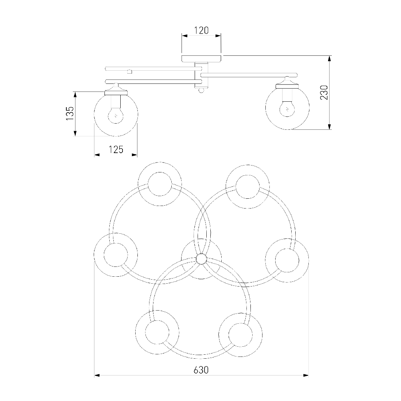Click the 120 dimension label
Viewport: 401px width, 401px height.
click(202, 30)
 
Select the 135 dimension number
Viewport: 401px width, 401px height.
click(70, 113)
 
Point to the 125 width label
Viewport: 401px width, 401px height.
click(116, 149)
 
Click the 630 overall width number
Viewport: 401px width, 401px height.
click(201, 370)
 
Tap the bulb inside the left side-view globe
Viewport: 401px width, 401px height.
click(116, 114)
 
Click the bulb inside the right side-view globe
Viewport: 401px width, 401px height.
click(287, 108)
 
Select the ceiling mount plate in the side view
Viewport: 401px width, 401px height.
click(201, 59)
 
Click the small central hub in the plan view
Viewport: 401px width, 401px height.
click(201, 259)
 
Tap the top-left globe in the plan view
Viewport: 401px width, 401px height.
click(160, 184)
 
